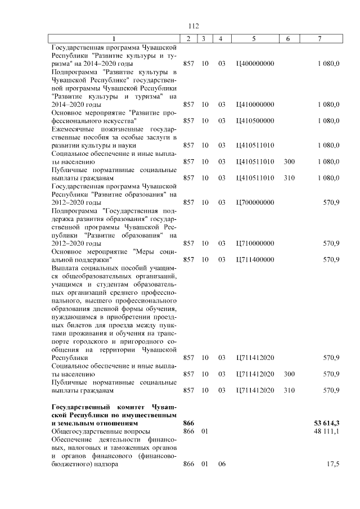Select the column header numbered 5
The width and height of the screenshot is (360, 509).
[x=254, y=39]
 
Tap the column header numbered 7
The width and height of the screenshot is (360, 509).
[x=320, y=39]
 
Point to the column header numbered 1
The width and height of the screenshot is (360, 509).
[x=114, y=39]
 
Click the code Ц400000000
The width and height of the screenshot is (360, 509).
[x=255, y=64]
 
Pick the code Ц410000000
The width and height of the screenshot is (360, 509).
[x=255, y=105]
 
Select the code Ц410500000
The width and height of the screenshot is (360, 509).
[x=255, y=121]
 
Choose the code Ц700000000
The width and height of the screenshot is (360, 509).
[x=255, y=202]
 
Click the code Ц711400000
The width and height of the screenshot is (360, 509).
[x=255, y=259]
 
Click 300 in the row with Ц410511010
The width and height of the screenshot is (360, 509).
[x=289, y=161]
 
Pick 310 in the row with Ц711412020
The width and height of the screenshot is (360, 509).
[x=289, y=390]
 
